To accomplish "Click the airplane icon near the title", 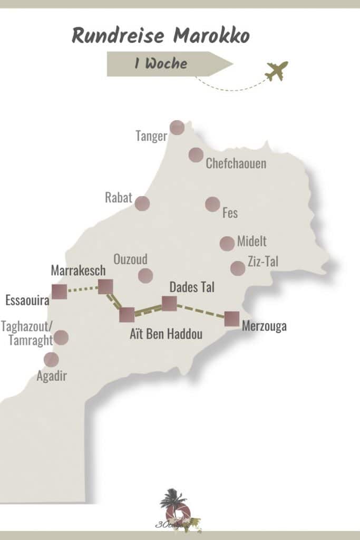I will coord(277,71).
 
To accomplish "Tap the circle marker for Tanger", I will coord(177,128).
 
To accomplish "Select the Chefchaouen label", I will coord(236,163).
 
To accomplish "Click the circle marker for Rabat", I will coord(142,204).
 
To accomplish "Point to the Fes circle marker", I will coord(212,204).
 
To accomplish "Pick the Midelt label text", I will coord(251,242).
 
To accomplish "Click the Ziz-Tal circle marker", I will coord(238,268).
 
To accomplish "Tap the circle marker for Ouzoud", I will coord(145,275).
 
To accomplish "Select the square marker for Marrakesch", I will coord(105,286).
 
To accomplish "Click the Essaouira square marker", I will coord(60,292).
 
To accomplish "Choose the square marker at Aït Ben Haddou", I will coord(127,315).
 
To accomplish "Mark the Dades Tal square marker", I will coord(169,304).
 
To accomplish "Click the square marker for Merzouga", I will coord(232,319).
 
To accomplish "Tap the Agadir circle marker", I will coord(51,360).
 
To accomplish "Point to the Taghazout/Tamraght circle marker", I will coord(62,337).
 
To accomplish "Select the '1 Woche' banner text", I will coord(161,64).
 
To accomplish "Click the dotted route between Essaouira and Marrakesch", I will coord(82,289).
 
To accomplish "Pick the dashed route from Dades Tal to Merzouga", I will coord(200,311).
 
